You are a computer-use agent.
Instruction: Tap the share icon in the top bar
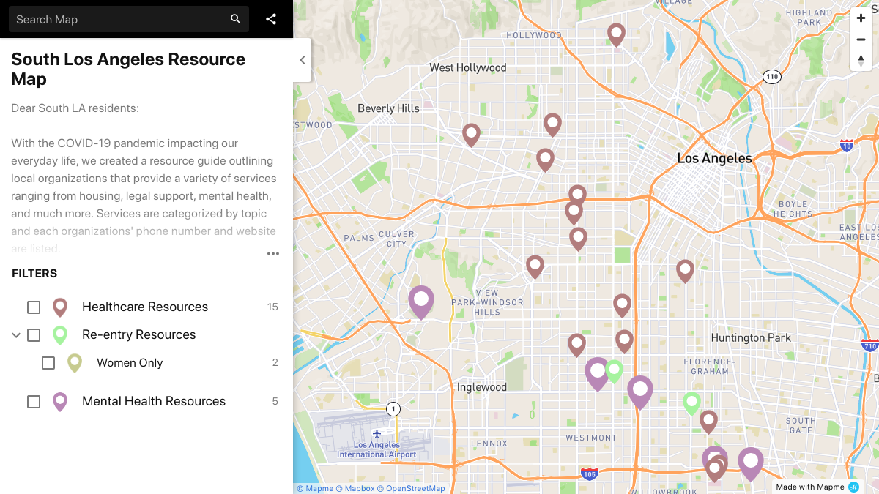click(271, 20)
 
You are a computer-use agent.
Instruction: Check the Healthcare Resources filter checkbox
click(34, 307)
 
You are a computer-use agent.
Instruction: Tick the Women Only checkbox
click(48, 363)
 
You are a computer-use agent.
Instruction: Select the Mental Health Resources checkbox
click(34, 402)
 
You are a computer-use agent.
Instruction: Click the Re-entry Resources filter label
click(138, 335)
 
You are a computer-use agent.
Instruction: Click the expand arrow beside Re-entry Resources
click(16, 335)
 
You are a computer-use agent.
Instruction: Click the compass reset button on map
click(861, 61)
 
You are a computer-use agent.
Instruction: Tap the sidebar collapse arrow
click(303, 61)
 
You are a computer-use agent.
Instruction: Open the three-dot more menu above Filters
click(273, 254)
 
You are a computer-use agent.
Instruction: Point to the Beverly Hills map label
click(388, 108)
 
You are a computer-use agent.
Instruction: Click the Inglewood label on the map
click(481, 387)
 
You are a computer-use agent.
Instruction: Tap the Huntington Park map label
click(751, 338)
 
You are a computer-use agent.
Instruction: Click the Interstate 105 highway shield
click(590, 474)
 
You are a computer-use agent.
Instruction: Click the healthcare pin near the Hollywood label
click(617, 33)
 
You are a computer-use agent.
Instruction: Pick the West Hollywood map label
click(467, 68)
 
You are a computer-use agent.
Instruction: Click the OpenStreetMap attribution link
click(415, 489)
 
